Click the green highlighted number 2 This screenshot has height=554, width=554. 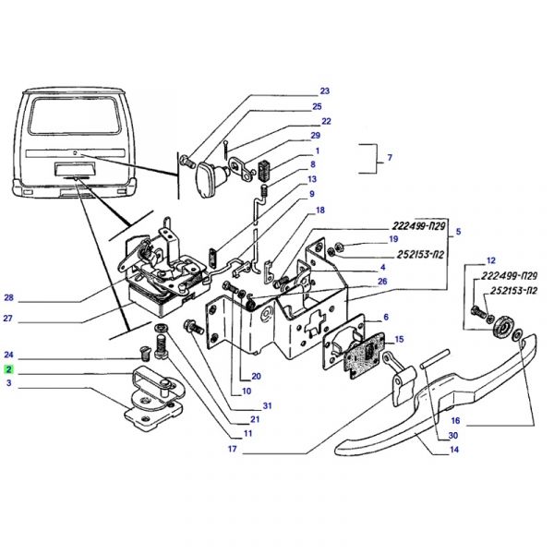[8, 369]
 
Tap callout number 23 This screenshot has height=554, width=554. [324, 90]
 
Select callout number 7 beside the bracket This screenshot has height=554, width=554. [390, 157]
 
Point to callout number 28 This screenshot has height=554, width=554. [9, 297]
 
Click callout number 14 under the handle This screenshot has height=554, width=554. [454, 450]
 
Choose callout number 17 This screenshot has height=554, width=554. [232, 449]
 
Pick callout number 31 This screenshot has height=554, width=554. [267, 405]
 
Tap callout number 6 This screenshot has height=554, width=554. [386, 317]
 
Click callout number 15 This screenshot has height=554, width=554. [399, 339]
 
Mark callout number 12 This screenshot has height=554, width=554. [491, 260]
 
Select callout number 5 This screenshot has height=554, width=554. [458, 232]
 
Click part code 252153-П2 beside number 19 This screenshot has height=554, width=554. [420, 255]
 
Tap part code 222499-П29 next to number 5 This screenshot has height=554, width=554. [418, 226]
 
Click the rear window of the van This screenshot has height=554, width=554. [75, 115]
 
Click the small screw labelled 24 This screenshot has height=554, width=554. [145, 353]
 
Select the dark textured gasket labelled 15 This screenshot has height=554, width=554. [366, 355]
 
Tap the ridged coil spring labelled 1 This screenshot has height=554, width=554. [265, 171]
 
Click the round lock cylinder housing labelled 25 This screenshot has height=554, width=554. [211, 179]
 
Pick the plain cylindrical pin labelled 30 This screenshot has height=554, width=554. [435, 358]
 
